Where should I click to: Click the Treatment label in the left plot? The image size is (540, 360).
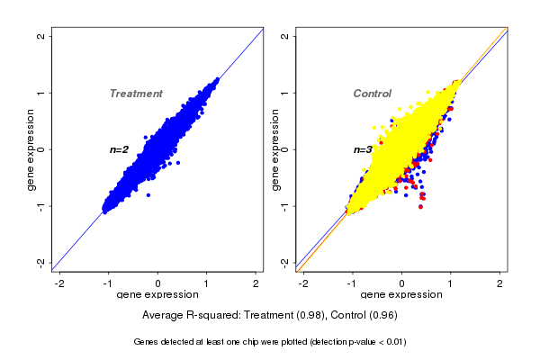(136, 94)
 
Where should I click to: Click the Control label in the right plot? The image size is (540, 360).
(372, 94)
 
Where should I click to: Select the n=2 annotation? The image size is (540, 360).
(120, 149)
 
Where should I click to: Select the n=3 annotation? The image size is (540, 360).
(363, 149)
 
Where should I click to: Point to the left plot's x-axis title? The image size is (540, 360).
(157, 295)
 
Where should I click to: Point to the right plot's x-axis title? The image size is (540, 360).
(401, 295)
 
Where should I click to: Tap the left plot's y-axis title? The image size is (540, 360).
(32, 149)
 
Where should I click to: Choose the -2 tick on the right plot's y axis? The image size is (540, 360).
(284, 262)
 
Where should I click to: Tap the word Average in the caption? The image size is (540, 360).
(164, 315)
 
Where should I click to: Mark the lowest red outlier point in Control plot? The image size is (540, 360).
(421, 206)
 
